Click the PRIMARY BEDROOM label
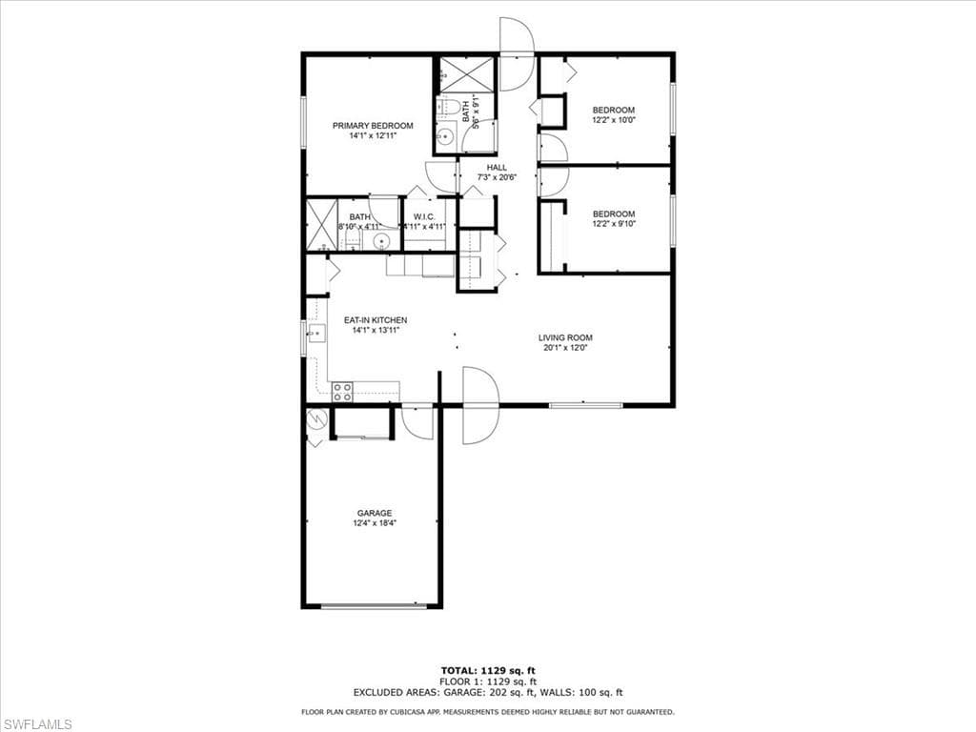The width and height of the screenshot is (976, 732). [x=372, y=126]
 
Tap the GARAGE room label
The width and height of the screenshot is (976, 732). [x=375, y=513]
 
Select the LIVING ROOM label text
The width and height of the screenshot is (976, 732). [x=565, y=337]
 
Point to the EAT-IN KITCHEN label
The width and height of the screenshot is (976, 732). [x=376, y=320]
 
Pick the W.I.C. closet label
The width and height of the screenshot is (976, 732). [x=424, y=216]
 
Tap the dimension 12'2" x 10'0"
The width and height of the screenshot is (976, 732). [x=613, y=120]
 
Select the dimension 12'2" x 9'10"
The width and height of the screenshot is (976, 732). [x=613, y=224]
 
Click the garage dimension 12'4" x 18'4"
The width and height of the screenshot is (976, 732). [x=375, y=522]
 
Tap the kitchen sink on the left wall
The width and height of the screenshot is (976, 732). [x=315, y=334]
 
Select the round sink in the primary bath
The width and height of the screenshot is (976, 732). [x=381, y=240]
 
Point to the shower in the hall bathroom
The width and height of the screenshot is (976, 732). [x=467, y=74]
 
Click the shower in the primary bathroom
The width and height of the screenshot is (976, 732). [x=321, y=224]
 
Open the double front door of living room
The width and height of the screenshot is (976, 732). [x=480, y=406]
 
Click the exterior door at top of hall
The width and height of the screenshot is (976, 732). [x=516, y=54]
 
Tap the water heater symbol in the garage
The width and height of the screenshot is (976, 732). [x=315, y=418]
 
